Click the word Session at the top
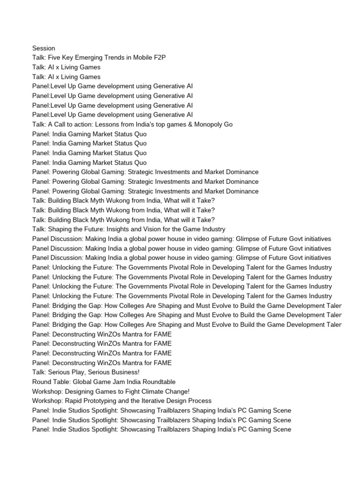point(44,48)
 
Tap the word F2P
point(158,58)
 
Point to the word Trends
point(123,58)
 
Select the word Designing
point(80,391)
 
